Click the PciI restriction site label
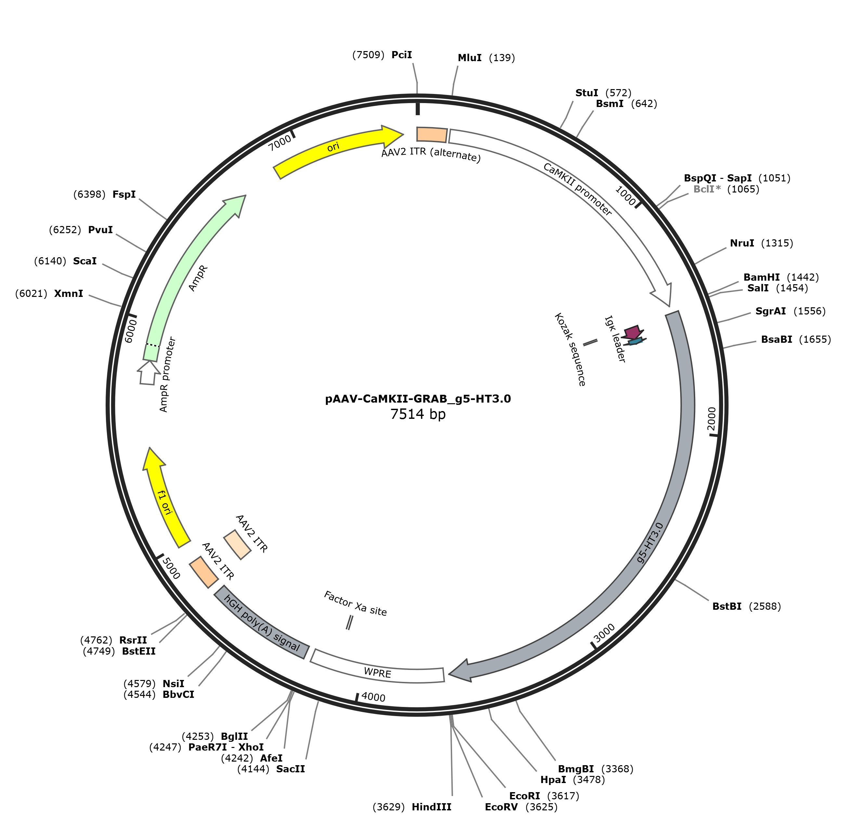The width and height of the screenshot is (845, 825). coord(401,55)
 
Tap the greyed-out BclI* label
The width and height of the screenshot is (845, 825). coord(707,189)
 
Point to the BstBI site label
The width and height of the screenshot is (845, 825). coord(727,606)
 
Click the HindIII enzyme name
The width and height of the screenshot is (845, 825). coord(431,807)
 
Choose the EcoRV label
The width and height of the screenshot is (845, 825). coord(501,807)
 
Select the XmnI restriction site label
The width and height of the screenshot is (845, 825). coord(69,293)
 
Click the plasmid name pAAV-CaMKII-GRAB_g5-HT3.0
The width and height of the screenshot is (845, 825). coord(418,399)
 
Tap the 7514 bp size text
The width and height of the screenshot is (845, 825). coord(418,414)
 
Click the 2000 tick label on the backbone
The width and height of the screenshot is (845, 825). coord(712,419)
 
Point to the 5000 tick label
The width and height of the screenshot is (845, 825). coord(171,568)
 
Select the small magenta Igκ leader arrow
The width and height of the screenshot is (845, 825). coord(632,332)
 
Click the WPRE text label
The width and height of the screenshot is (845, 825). coord(377,672)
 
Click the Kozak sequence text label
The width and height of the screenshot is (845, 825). coord(570,349)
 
